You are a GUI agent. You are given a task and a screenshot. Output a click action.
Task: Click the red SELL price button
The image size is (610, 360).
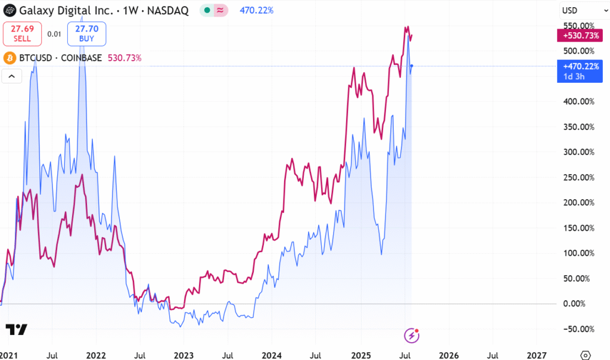[x=22, y=33]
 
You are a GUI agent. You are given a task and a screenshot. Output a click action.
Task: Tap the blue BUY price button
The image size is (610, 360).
[x=86, y=33]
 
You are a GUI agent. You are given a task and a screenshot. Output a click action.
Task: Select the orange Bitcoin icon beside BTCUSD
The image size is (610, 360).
[x=9, y=58]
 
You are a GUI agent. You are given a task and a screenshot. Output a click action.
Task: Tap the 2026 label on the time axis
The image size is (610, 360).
[x=449, y=355]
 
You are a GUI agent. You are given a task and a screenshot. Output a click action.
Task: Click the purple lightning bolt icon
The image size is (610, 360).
[x=412, y=336]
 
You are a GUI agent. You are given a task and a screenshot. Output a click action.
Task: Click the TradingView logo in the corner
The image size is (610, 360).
[x=17, y=330]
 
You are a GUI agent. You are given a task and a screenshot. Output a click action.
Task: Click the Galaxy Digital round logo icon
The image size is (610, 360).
[x=9, y=10]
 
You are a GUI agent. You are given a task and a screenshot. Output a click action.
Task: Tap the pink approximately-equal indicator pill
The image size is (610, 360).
[x=220, y=10]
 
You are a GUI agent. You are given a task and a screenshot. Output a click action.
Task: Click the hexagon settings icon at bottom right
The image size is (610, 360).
[x=586, y=355]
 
